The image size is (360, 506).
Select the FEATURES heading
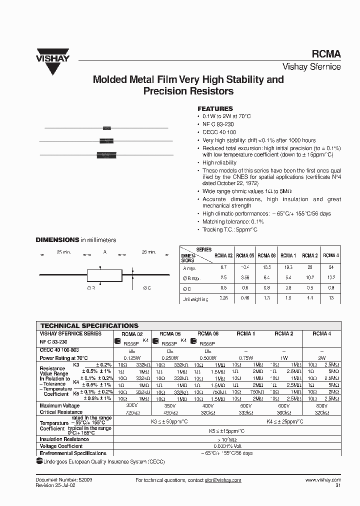[215, 108]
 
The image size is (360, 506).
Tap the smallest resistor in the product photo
[106, 128]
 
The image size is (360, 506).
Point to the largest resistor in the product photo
[106, 155]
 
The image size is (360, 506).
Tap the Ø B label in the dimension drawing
[91, 288]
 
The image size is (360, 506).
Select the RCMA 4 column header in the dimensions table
[329, 255]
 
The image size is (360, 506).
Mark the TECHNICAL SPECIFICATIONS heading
[89, 325]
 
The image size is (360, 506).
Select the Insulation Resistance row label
[64, 439]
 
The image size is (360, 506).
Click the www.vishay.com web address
[322, 480]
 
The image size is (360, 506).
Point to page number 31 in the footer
[338, 485]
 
